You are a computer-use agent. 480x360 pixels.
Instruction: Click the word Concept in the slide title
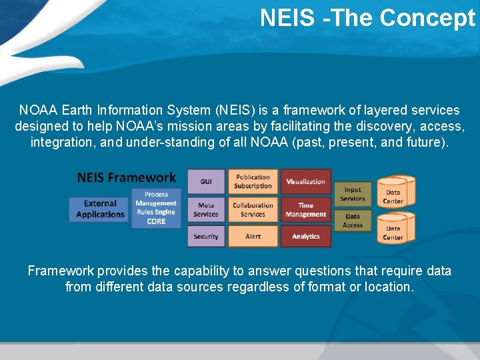point(427,18)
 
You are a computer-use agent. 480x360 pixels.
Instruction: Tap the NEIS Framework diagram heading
point(127,177)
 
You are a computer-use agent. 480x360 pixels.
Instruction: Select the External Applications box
point(100,209)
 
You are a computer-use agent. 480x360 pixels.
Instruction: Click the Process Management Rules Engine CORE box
point(156,208)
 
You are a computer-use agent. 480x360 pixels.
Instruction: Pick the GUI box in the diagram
point(206,181)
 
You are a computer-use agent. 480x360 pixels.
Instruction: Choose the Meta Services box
point(206,209)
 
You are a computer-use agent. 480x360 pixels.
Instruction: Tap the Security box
point(206,236)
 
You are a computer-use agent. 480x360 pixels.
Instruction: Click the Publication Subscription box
point(253,181)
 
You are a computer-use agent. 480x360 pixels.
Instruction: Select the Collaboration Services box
point(253,209)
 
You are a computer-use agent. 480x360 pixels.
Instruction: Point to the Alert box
point(253,236)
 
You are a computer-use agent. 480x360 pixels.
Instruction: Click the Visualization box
point(306,181)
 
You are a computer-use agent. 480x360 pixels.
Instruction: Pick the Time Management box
point(306,209)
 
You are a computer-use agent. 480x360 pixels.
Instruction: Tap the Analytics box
point(306,236)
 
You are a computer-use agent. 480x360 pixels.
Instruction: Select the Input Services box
point(353,194)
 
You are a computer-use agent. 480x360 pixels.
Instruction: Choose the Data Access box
point(353,221)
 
